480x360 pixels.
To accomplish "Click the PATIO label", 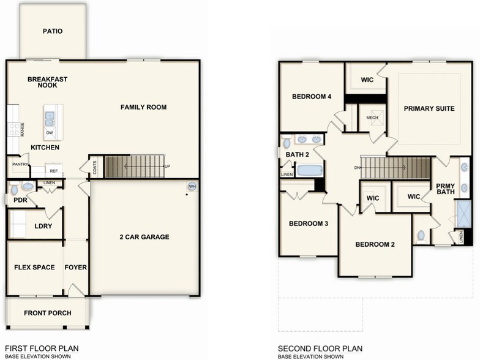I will (x=53, y=31).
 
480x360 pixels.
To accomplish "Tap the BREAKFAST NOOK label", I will (x=47, y=82).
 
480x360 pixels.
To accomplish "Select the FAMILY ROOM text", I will (x=143, y=107).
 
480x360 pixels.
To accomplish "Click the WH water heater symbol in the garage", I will (x=192, y=187).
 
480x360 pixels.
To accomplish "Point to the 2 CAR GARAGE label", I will (x=144, y=237).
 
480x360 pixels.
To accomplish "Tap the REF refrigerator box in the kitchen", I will (x=53, y=171).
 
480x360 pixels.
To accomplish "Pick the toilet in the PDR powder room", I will (x=28, y=187).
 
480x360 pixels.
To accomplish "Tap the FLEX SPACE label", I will (x=34, y=267).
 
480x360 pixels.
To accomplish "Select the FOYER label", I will (x=76, y=267).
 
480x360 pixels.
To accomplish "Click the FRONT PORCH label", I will (x=48, y=313).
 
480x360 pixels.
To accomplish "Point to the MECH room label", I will (x=372, y=118).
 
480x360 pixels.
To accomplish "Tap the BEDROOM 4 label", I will (x=312, y=96).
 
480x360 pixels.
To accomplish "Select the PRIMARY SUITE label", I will (x=429, y=108).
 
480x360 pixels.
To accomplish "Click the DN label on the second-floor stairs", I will (x=356, y=167).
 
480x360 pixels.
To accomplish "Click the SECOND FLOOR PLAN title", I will (x=319, y=348).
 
